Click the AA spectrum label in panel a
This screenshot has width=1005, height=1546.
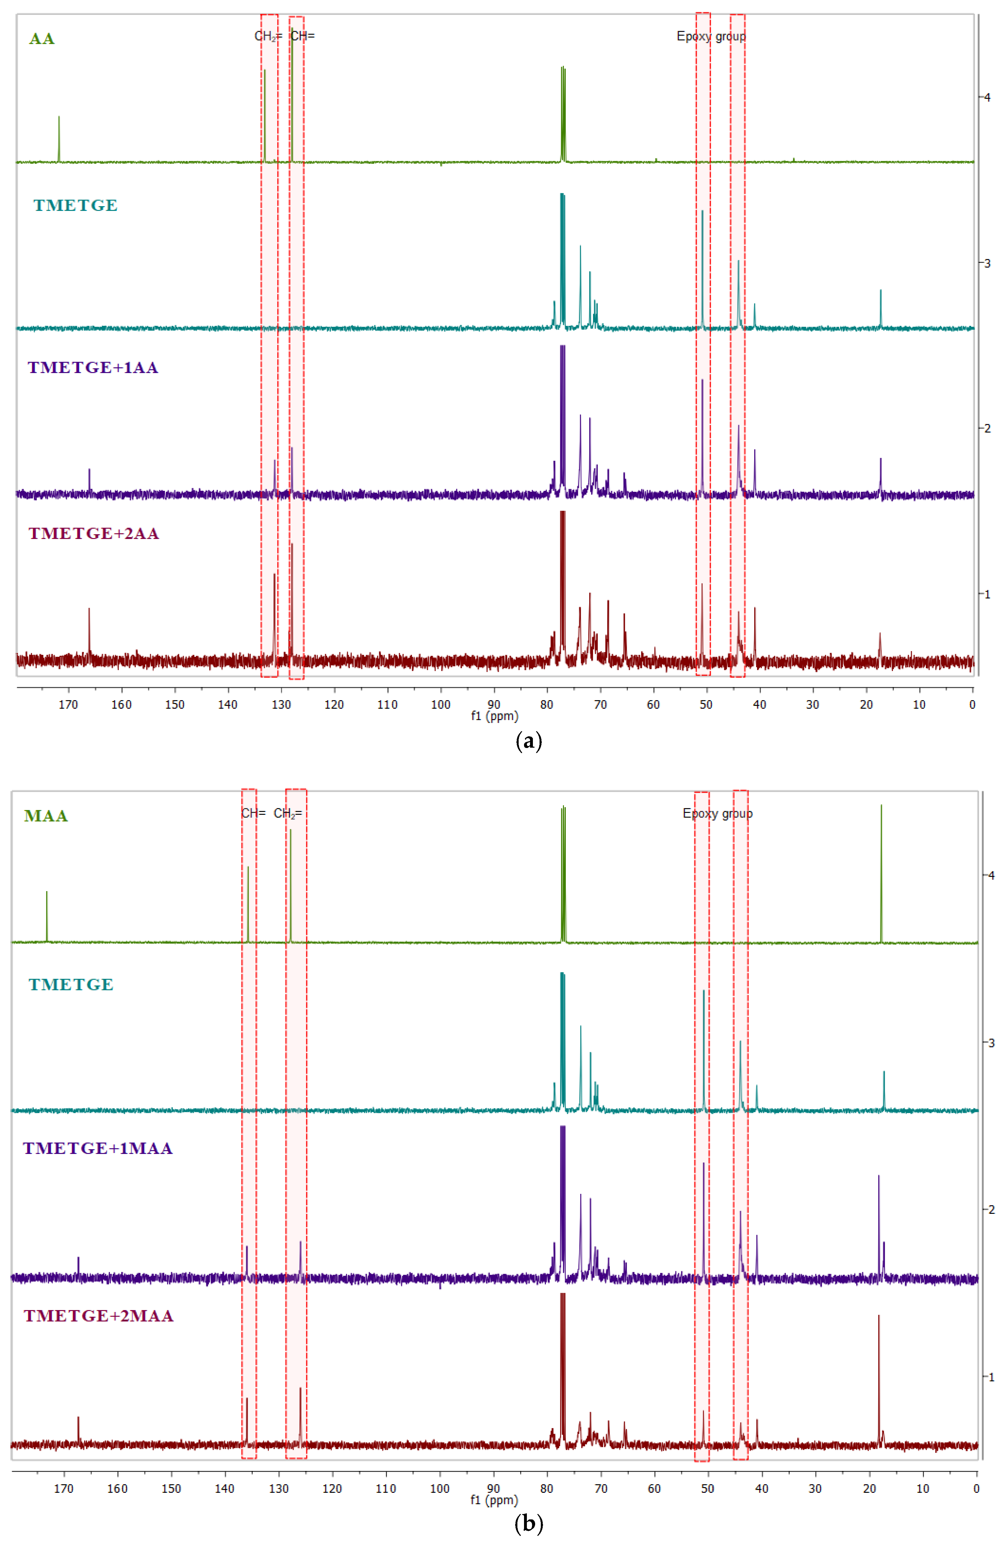(x=41, y=39)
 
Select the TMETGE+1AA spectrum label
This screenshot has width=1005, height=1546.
(x=93, y=368)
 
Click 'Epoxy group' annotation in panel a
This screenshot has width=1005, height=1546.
(x=711, y=36)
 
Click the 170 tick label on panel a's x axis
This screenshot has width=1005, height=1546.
(x=68, y=705)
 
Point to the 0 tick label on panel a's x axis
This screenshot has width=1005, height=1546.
(x=972, y=705)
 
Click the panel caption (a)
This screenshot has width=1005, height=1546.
(x=528, y=741)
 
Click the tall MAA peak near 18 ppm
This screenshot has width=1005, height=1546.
(x=881, y=871)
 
